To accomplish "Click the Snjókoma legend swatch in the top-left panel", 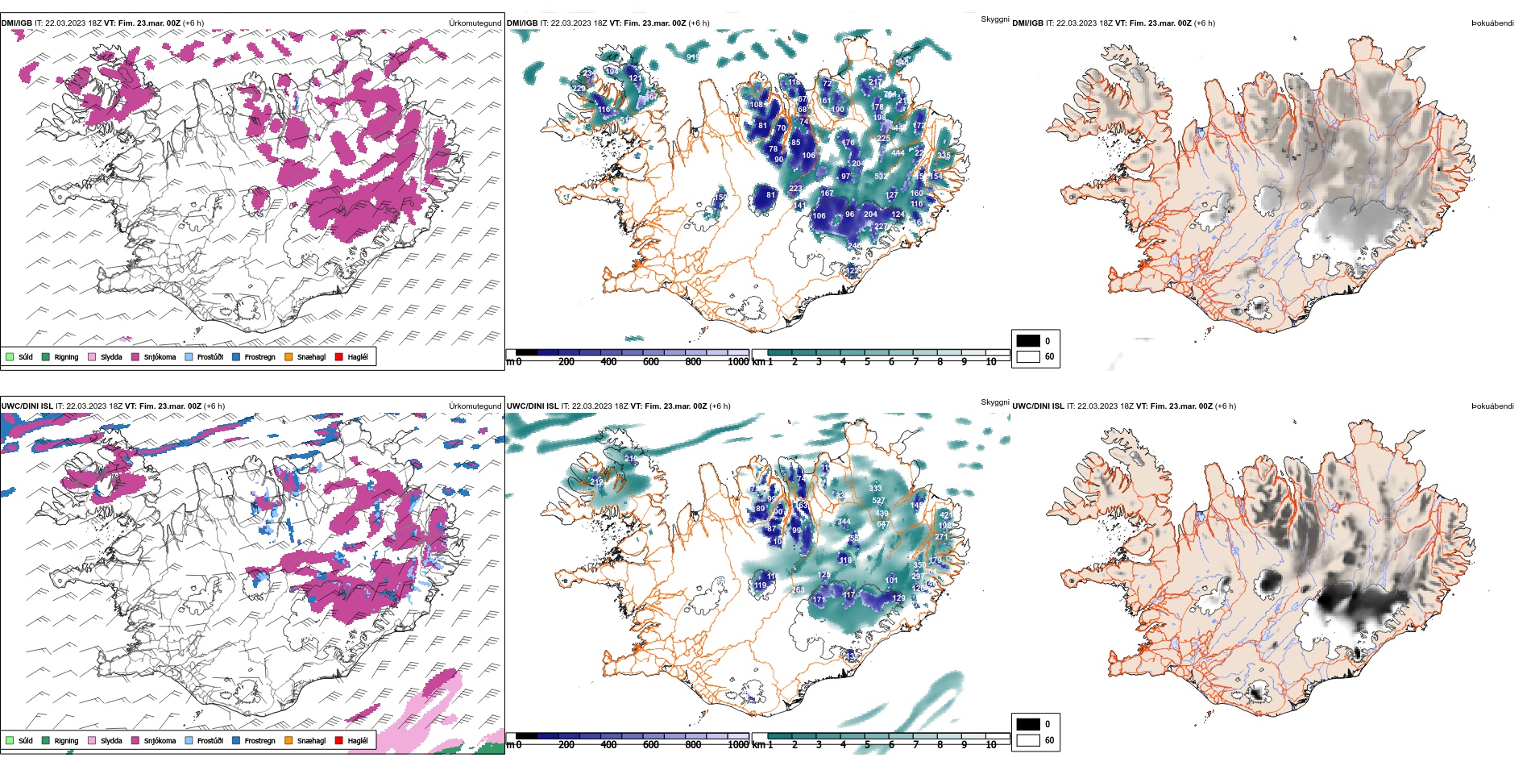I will [135, 356].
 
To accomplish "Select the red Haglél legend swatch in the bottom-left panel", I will [339, 740].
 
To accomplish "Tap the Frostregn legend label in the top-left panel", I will [259, 357].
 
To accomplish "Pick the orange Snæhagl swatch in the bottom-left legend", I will [288, 740].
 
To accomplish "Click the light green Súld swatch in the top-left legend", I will [10, 356].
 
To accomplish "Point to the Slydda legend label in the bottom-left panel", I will [111, 741].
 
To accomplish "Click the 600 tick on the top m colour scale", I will [651, 362].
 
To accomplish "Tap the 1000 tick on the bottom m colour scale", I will [738, 745].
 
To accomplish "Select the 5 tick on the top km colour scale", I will [867, 362].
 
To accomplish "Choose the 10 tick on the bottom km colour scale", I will [991, 745].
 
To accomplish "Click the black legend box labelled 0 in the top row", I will [1028, 341].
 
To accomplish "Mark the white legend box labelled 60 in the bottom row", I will [1028, 740].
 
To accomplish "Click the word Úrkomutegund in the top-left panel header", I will [475, 23].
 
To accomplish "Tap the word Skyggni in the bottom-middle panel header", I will [995, 402].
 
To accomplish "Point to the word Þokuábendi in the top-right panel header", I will [1492, 23].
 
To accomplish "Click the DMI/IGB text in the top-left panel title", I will [17, 23].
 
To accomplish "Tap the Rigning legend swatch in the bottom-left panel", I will [46, 740].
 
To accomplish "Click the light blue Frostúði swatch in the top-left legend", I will [189, 356].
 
